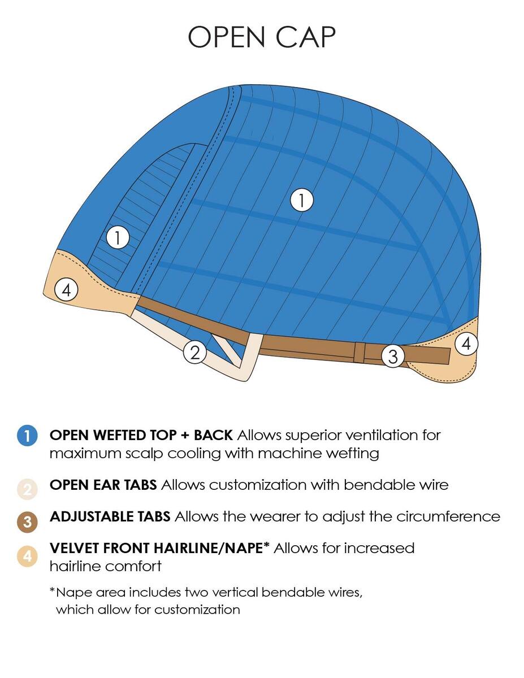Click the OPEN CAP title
click(262, 37)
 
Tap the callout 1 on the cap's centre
click(301, 200)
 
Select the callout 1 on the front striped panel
click(118, 238)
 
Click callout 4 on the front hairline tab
click(66, 290)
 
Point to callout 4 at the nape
click(466, 344)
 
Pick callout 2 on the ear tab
click(195, 353)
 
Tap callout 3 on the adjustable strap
click(393, 356)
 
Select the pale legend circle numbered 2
click(28, 489)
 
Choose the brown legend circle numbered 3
click(28, 521)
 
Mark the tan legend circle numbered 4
click(28, 557)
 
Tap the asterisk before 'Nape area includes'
click(53, 589)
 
